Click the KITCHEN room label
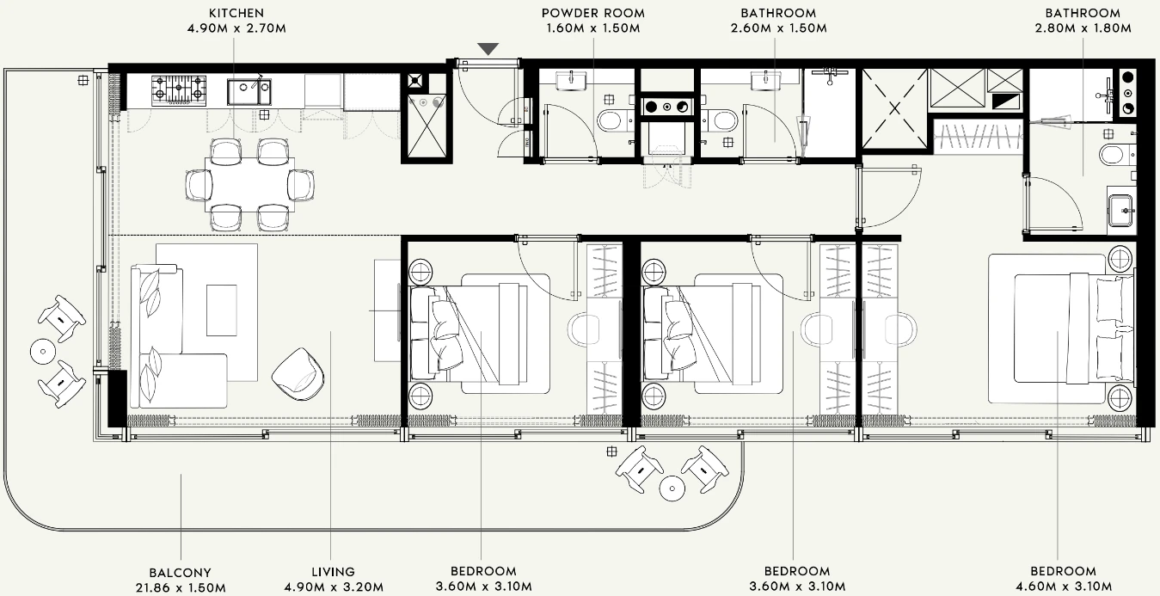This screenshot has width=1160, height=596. (236, 13)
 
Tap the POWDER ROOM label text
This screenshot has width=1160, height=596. (593, 13)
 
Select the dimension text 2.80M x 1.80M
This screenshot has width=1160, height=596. (1083, 28)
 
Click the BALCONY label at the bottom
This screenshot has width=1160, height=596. (181, 573)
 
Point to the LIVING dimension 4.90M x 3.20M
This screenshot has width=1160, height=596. (334, 587)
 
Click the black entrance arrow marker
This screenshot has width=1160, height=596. (488, 49)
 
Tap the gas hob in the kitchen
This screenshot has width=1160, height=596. (179, 90)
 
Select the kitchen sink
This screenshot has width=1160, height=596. (249, 92)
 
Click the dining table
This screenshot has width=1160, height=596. (249, 184)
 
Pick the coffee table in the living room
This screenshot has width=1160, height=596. (222, 310)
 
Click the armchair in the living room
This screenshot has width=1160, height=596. (298, 374)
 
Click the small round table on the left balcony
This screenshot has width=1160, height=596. (43, 351)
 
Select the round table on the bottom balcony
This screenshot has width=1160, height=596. (672, 488)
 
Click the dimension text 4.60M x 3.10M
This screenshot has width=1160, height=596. (1063, 587)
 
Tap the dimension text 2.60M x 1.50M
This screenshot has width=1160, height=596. (778, 28)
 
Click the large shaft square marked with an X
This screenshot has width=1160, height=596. (894, 108)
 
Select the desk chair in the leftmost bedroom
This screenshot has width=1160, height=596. (583, 329)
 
